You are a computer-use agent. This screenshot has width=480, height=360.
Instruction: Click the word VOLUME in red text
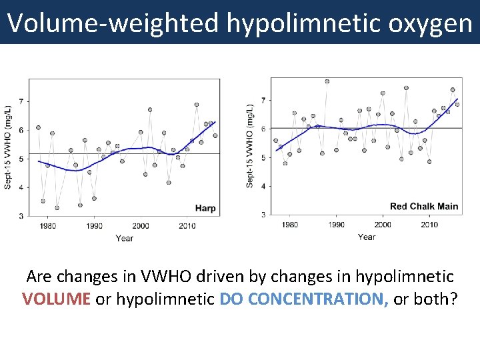click(x=57, y=299)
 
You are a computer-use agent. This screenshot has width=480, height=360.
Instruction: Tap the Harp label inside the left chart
click(x=205, y=209)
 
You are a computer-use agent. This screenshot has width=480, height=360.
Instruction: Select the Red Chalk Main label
click(x=424, y=207)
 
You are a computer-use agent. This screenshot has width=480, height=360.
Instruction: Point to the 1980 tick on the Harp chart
click(x=47, y=226)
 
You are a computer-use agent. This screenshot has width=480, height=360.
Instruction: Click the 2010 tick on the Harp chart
click(x=187, y=226)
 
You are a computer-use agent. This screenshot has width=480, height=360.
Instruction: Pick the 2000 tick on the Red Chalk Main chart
click(x=382, y=225)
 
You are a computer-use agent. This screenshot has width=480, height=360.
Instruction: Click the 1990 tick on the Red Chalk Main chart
click(x=336, y=225)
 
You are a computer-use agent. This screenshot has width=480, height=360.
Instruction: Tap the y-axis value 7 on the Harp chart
click(x=21, y=101)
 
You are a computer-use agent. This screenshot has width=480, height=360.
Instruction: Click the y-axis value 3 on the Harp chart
click(x=21, y=216)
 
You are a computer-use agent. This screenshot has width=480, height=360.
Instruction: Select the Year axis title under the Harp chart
click(x=124, y=238)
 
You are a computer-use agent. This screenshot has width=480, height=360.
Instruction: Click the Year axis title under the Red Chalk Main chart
click(x=366, y=237)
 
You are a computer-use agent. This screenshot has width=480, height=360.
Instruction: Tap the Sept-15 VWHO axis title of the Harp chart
click(x=8, y=147)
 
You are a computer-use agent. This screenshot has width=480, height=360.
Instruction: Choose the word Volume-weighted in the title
click(x=113, y=24)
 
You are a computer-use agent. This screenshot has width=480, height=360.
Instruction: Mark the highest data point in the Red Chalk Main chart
click(x=327, y=81)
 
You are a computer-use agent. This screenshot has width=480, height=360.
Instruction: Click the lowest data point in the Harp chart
click(x=57, y=207)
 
